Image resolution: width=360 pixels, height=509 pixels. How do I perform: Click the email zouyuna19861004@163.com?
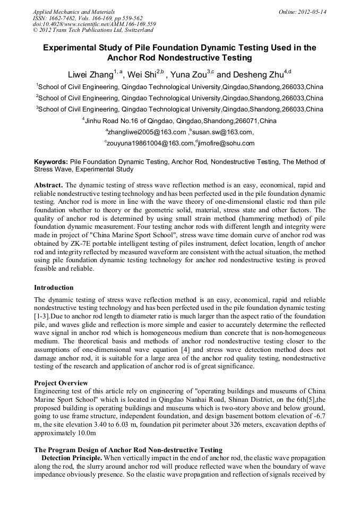150,143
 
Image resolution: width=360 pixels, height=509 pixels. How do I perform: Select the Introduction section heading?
54,288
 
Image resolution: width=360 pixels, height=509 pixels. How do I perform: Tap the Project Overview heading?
61,383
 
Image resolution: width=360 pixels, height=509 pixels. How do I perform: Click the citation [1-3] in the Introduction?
42,315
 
